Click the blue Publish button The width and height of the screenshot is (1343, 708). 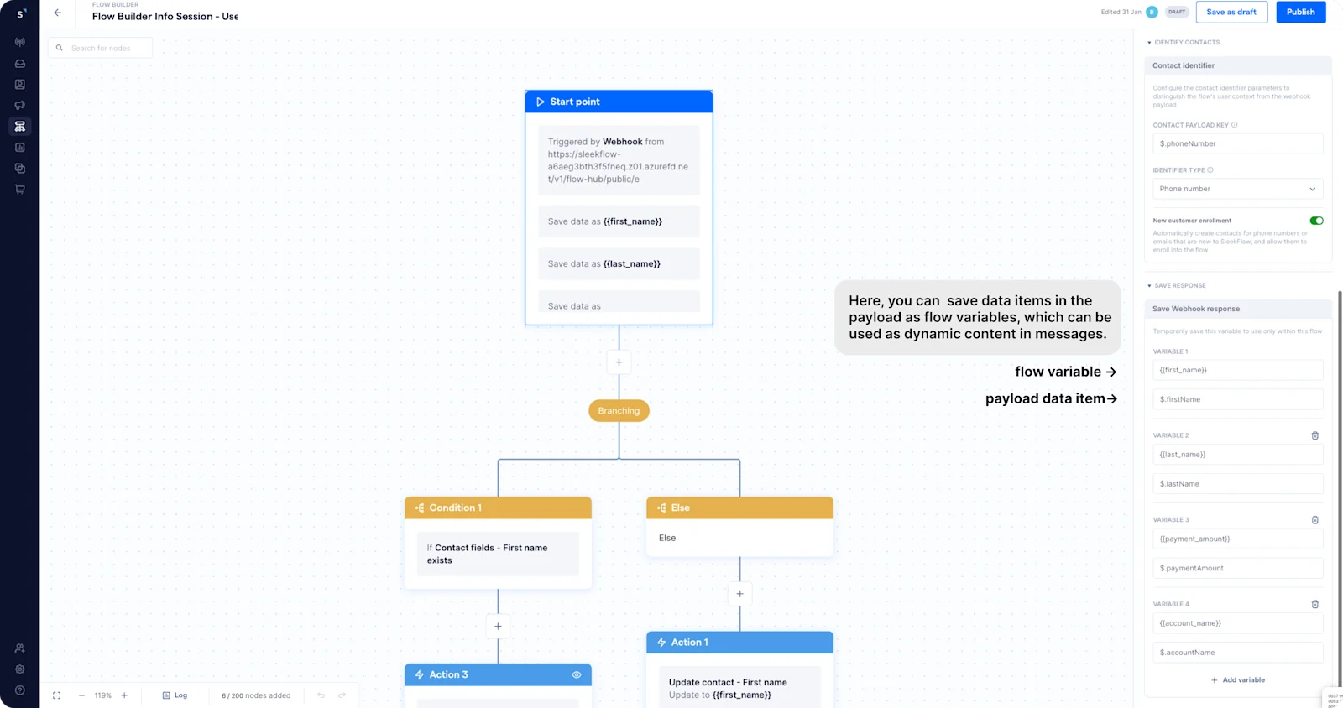tap(1300, 12)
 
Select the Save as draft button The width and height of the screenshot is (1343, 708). tap(1231, 12)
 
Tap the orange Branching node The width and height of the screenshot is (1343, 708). tap(619, 411)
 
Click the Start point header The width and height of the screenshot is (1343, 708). tap(619, 102)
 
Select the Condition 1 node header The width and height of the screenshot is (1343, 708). tap(498, 508)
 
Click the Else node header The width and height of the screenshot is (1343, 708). tap(739, 508)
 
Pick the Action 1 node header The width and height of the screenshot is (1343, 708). tap(739, 643)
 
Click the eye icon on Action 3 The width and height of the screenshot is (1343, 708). tap(577, 674)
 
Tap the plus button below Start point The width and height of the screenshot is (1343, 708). tap(619, 362)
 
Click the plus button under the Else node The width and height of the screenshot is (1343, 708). tap(739, 594)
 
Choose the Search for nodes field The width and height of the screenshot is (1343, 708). tap(101, 48)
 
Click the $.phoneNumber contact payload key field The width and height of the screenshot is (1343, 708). tap(1237, 143)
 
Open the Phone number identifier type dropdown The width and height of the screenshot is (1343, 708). tap(1237, 189)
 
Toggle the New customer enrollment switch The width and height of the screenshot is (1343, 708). tap(1316, 221)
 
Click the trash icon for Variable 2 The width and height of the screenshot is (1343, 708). tap(1315, 435)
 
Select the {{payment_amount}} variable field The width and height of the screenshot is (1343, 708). tap(1237, 539)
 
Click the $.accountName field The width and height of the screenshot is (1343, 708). tap(1237, 653)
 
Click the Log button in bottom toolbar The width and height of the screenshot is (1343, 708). tap(175, 695)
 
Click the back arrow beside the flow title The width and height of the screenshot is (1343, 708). tap(57, 13)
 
